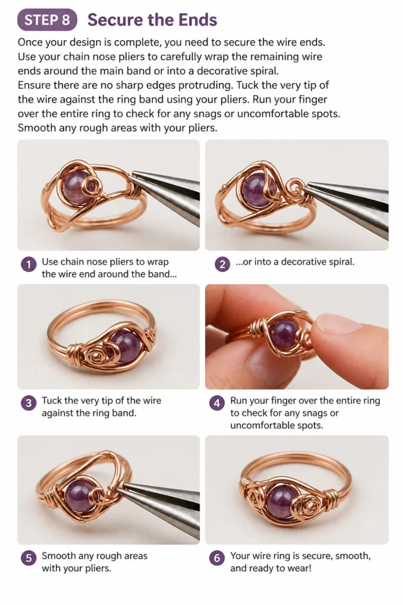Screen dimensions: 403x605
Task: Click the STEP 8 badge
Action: coord(47,20)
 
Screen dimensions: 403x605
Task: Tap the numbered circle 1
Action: coord(28,265)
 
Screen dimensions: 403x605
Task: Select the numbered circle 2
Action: coord(222,265)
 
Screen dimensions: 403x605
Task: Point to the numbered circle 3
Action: coord(28,404)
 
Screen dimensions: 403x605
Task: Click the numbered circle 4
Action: coord(217,404)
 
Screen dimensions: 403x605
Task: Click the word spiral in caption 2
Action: coord(341,262)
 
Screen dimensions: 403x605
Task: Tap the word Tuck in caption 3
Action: coord(52,401)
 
